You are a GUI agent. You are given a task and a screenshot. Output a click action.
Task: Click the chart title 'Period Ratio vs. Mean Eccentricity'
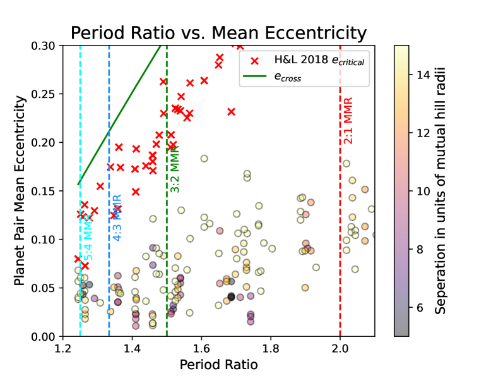218,33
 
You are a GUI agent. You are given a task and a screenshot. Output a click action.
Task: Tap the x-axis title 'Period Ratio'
218,365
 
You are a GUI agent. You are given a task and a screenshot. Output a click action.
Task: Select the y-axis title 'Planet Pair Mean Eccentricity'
20,190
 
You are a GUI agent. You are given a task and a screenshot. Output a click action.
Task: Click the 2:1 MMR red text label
348,121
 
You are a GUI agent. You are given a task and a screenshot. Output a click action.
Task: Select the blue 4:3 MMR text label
117,218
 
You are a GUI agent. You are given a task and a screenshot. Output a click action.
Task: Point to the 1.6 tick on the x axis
201,348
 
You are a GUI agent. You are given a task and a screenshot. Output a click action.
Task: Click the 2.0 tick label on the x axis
340,348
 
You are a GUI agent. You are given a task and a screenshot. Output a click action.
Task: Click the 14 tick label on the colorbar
423,75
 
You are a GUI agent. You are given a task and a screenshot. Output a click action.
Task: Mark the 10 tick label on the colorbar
423,191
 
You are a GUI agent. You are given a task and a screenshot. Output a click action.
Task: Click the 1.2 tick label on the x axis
62,348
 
